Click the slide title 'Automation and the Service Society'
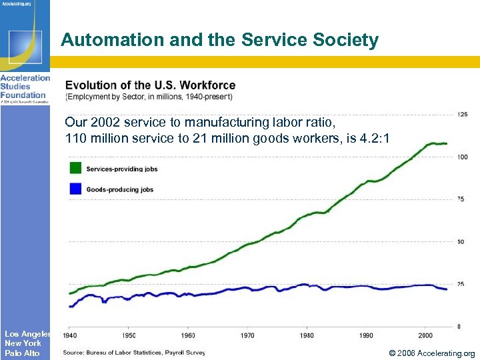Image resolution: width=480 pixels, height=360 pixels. [x=219, y=40]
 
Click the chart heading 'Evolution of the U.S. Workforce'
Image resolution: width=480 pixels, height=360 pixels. [x=150, y=85]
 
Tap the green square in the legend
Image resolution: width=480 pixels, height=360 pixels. [x=75, y=168]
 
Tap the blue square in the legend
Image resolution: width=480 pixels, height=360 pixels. [x=75, y=189]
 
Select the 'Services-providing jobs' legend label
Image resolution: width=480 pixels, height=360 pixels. [x=122, y=169]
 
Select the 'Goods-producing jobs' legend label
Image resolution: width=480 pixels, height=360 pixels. [x=120, y=189]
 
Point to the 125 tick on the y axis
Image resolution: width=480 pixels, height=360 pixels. [x=462, y=115]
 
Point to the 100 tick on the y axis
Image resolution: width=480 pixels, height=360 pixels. [x=462, y=157]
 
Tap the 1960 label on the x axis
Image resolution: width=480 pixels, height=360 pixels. [x=189, y=335]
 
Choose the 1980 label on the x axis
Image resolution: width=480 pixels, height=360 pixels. [x=307, y=335]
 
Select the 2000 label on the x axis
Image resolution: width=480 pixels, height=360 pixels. [x=425, y=335]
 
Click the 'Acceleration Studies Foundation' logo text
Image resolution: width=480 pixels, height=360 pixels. [x=25, y=87]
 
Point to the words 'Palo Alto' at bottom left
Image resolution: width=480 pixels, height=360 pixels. [x=22, y=353]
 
